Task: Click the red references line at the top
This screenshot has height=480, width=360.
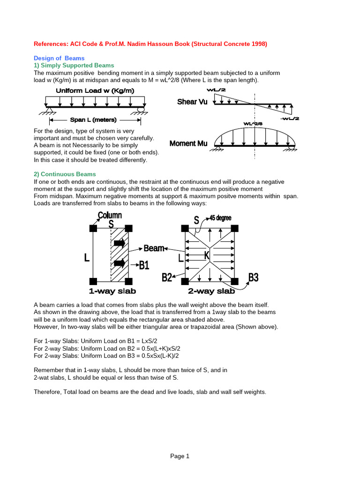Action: click(150, 44)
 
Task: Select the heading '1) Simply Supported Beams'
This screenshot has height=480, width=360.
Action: click(74, 66)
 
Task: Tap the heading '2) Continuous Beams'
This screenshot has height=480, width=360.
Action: click(65, 174)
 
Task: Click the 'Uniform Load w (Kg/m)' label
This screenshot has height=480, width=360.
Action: click(95, 91)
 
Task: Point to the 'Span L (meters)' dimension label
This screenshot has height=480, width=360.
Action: click(93, 120)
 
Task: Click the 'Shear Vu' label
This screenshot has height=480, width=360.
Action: click(192, 102)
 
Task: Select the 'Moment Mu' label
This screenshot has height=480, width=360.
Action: click(189, 143)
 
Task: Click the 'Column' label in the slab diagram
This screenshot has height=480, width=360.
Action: click(110, 216)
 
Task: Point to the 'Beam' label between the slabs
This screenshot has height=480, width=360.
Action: click(154, 248)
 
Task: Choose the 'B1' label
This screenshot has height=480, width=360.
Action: click(144, 265)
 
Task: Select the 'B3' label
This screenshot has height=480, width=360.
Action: click(253, 277)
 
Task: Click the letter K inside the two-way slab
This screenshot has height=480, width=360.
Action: click(207, 255)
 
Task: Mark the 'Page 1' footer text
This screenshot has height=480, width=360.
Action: click(180, 456)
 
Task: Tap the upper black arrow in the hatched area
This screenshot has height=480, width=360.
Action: click(120, 243)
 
